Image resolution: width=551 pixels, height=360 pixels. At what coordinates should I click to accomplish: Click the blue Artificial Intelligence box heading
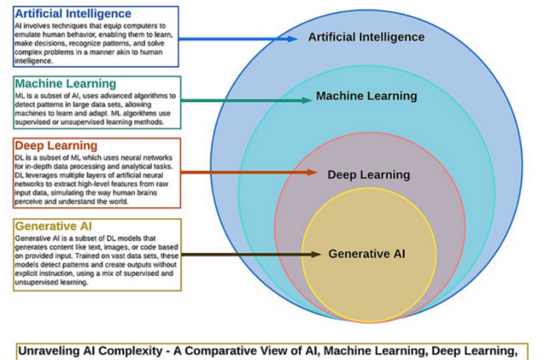click(x=73, y=14)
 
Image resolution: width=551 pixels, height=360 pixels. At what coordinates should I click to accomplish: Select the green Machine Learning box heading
click(x=65, y=83)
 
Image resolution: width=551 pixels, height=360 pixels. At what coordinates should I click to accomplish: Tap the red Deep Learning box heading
click(x=56, y=146)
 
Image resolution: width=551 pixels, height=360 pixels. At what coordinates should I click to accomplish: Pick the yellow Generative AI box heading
click(x=54, y=227)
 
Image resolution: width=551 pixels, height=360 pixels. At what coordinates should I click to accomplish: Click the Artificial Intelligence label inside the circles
click(x=366, y=37)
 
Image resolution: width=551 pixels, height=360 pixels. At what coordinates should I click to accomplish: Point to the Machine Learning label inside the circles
click(x=366, y=96)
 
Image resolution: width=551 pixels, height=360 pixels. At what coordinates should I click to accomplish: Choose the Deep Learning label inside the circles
click(x=368, y=174)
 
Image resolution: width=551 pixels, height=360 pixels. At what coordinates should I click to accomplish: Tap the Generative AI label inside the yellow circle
click(x=367, y=253)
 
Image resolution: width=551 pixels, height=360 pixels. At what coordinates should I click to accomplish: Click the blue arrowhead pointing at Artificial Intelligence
click(x=291, y=38)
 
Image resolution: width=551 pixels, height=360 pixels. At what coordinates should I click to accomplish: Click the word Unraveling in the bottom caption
click(x=48, y=351)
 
